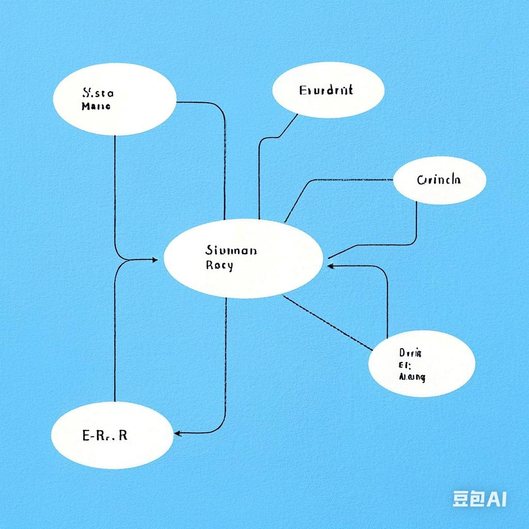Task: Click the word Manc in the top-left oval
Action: [x=96, y=107]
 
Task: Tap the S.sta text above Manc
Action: [x=98, y=94]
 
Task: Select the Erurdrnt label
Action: [x=326, y=90]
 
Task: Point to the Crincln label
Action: [x=439, y=180]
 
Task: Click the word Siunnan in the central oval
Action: [x=230, y=251]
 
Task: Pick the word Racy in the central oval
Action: [x=219, y=266]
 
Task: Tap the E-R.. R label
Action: [x=105, y=435]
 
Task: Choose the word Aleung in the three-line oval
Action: [x=412, y=377]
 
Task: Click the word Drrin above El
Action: [x=411, y=353]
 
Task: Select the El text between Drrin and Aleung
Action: [x=404, y=365]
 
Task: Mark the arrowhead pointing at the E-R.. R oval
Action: [x=177, y=432]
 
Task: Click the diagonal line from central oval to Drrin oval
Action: [x=328, y=322]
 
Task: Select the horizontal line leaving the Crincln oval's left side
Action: [x=351, y=180]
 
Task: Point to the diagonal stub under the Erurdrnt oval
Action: [x=289, y=125]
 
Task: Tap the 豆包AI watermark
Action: [x=479, y=499]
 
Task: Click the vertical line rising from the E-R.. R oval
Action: [x=114, y=336]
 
